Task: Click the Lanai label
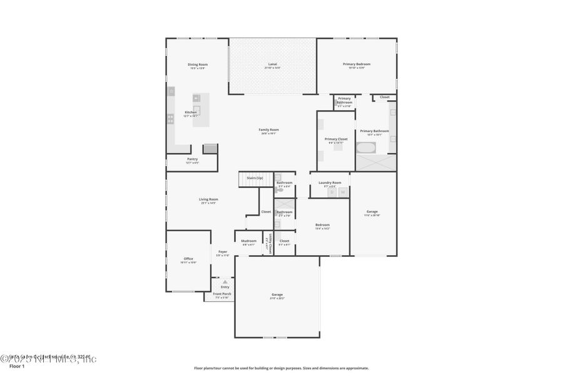pyautogui.click(x=272, y=65)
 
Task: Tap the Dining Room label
pyautogui.click(x=198, y=65)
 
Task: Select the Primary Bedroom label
pyautogui.click(x=357, y=64)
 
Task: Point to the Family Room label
pyautogui.click(x=269, y=130)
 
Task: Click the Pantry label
pyautogui.click(x=192, y=159)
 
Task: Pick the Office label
pyautogui.click(x=188, y=258)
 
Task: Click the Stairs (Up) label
pyautogui.click(x=255, y=178)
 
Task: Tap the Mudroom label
pyautogui.click(x=249, y=241)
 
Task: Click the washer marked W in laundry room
pyautogui.click(x=343, y=192)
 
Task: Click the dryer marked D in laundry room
pyautogui.click(x=332, y=192)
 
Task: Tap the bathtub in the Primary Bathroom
pyautogui.click(x=365, y=149)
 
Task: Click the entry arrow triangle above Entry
pyautogui.click(x=225, y=282)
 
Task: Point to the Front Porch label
pyautogui.click(x=222, y=294)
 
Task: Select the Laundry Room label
pyautogui.click(x=330, y=182)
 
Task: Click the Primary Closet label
pyautogui.click(x=336, y=139)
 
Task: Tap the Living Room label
pyautogui.click(x=208, y=199)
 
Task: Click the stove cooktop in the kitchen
pyautogui.click(x=171, y=117)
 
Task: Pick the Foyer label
pyautogui.click(x=223, y=252)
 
